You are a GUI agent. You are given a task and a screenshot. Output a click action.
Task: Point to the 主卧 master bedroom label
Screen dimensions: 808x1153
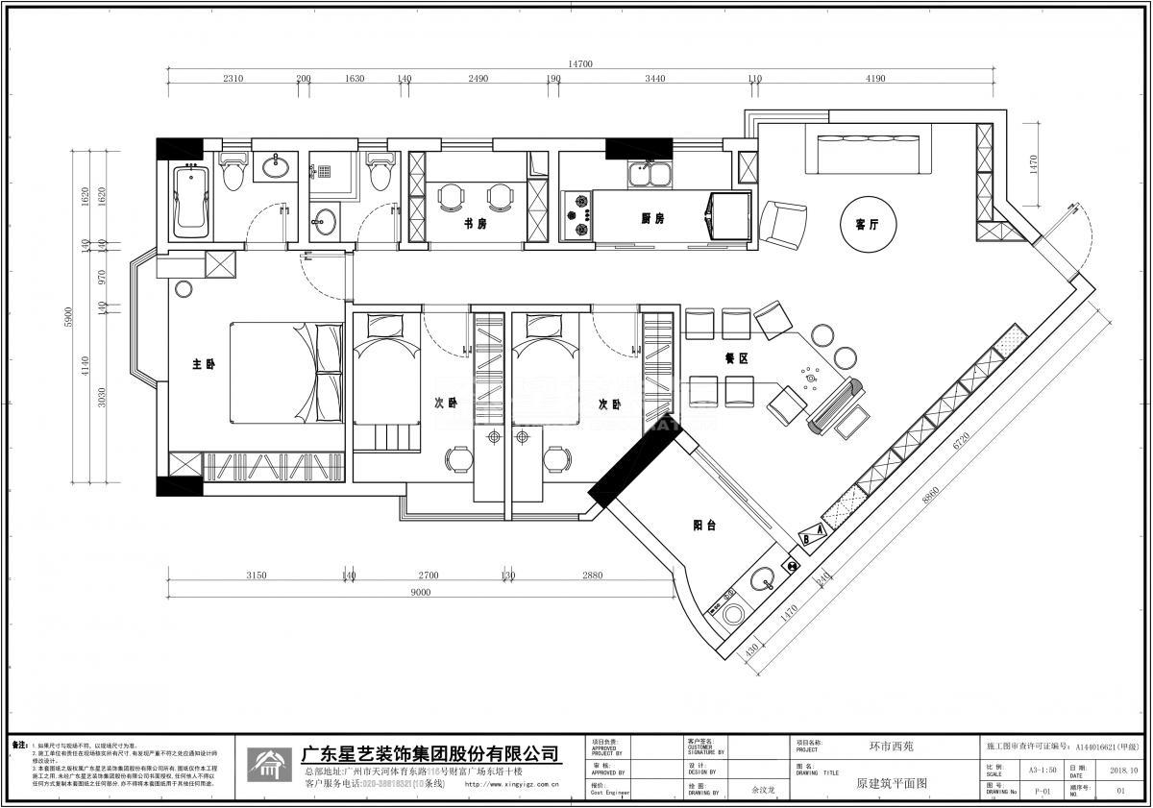coord(203,365)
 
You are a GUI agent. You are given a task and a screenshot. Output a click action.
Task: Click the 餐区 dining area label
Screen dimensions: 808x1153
coord(736,357)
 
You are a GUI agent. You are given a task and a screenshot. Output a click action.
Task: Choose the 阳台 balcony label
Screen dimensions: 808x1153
coord(703,526)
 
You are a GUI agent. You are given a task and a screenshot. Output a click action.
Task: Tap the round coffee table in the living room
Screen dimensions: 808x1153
coord(866,224)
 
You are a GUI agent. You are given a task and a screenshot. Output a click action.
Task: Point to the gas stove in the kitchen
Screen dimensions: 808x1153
coord(579,214)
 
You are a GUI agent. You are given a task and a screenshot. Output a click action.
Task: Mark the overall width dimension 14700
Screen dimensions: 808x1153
coord(579,63)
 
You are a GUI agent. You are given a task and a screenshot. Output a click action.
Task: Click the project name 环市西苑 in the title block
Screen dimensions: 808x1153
coord(891,746)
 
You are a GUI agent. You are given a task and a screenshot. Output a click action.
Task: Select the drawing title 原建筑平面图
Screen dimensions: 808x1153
coord(891,784)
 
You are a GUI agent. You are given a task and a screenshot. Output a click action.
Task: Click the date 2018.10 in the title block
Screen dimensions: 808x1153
coord(1123,770)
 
